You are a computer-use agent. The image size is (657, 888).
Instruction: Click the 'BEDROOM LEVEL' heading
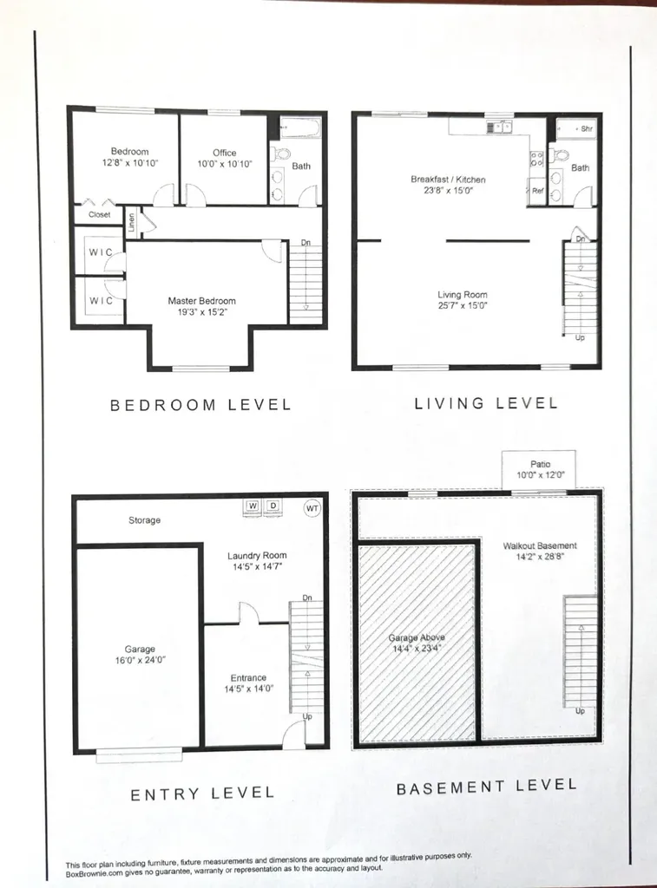200,404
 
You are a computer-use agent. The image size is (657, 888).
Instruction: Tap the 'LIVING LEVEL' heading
485,402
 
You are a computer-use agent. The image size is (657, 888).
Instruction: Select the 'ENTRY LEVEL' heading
201,793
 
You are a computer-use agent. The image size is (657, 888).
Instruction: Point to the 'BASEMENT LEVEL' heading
486,787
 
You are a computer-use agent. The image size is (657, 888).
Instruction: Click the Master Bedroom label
201,301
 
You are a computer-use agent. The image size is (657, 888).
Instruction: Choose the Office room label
224,153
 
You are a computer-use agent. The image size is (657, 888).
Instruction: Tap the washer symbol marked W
253,506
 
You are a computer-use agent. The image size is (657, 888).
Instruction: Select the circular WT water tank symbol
312,507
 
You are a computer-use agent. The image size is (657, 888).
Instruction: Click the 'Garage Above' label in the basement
417,638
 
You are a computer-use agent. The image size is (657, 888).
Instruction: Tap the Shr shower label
586,128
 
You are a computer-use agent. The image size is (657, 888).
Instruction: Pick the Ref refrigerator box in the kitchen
537,191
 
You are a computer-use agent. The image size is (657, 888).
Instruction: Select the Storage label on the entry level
144,520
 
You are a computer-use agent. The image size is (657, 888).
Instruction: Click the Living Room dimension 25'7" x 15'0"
463,305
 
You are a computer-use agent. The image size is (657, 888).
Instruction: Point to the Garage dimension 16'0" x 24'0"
140,660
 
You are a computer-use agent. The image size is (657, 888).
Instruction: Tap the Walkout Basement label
540,545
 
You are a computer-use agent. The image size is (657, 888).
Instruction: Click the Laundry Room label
257,555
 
